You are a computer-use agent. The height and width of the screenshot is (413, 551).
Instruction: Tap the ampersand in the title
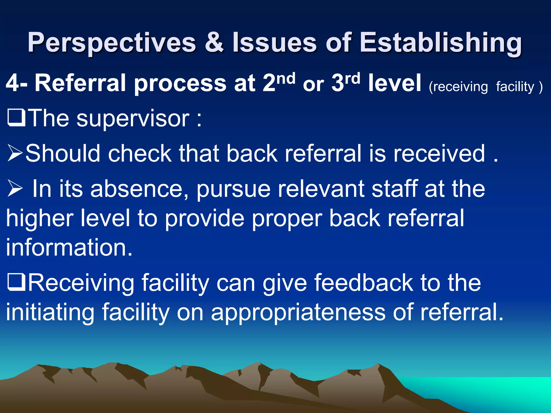214,42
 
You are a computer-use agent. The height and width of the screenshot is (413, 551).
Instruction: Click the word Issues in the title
275,42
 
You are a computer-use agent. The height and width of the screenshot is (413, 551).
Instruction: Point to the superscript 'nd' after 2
286,79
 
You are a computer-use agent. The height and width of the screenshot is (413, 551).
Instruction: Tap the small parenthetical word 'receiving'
458,87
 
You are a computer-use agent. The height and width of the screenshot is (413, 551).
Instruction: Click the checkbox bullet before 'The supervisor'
16,118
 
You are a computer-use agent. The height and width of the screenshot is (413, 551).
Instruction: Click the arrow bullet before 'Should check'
15,153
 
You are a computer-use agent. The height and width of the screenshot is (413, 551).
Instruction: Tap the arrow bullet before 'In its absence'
15,188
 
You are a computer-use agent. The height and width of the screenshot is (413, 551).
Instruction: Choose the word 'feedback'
363,283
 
